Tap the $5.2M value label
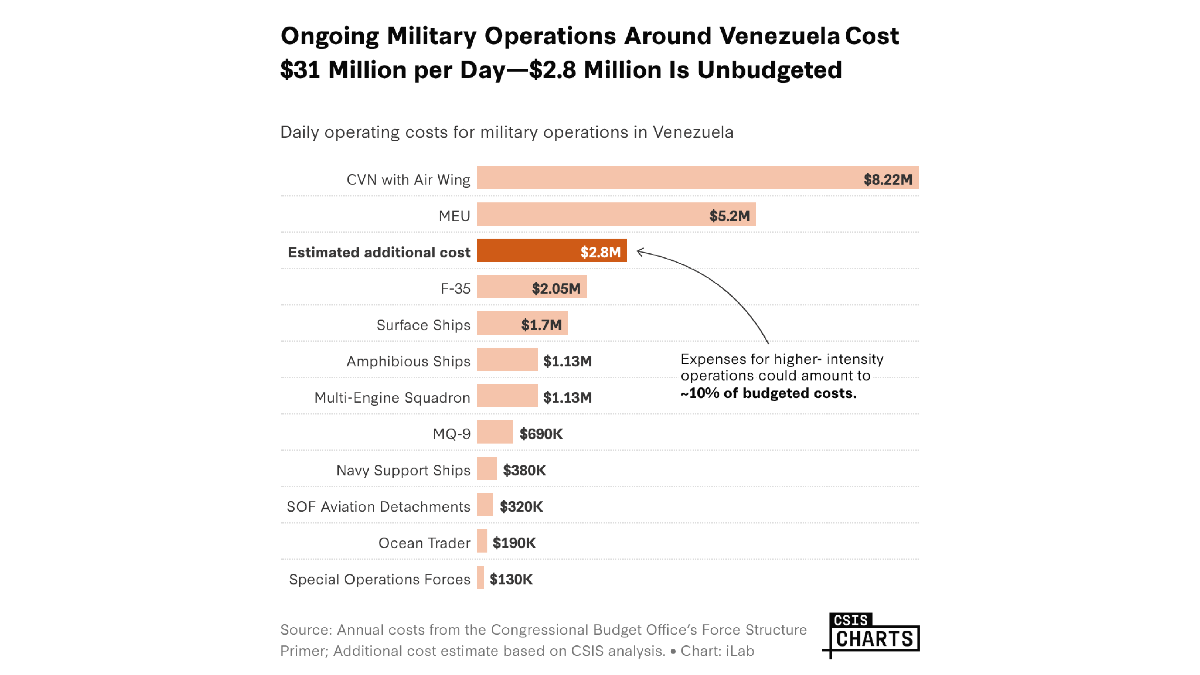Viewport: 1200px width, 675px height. coord(729,216)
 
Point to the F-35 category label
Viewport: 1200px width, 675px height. coord(455,288)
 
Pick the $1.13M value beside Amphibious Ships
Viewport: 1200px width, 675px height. coord(567,361)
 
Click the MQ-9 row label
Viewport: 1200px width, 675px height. coord(451,434)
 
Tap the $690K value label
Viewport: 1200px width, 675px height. coord(541,434)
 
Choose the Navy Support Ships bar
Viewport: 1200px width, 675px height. coord(486,468)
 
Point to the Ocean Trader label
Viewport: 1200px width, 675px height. coord(424,543)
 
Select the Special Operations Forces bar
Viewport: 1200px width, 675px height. coord(480,577)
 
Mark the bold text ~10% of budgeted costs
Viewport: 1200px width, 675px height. coord(768,393)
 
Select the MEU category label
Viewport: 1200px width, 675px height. coord(454,216)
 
